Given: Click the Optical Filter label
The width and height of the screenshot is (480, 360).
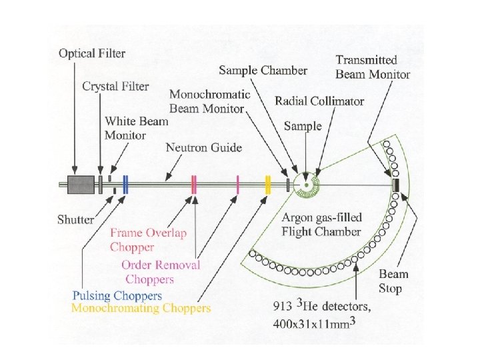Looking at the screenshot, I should pyautogui.click(x=91, y=53).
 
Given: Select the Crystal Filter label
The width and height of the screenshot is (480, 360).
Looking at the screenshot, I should pyautogui.click(x=115, y=86).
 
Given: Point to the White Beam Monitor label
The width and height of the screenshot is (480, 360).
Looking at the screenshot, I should pyautogui.click(x=136, y=128).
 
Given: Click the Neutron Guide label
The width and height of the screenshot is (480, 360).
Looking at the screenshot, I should pyautogui.click(x=204, y=147).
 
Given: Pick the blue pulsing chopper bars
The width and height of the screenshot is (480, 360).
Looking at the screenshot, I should pyautogui.click(x=125, y=185).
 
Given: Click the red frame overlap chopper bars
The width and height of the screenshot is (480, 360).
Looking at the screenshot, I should pyautogui.click(x=193, y=185).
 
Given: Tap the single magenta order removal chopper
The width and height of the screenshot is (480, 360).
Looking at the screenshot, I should pyautogui.click(x=237, y=185).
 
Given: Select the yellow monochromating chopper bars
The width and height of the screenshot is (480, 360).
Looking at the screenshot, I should pyautogui.click(x=267, y=185).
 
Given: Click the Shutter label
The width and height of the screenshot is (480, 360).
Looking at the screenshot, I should pyautogui.click(x=76, y=218).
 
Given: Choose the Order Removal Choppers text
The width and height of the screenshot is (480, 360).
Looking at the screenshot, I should pyautogui.click(x=160, y=271).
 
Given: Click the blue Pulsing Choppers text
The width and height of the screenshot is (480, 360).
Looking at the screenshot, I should pyautogui.click(x=117, y=295).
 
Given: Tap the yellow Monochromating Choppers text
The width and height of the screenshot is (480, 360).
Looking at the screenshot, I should pyautogui.click(x=141, y=308).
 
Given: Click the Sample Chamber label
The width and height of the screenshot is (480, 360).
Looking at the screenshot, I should pyautogui.click(x=263, y=69).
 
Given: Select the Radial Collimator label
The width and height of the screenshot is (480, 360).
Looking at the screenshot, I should pyautogui.click(x=319, y=101).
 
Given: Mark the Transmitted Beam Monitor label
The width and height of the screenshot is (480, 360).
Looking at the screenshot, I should pyautogui.click(x=372, y=67).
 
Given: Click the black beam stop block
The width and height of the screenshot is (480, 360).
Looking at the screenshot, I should pyautogui.click(x=395, y=185).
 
